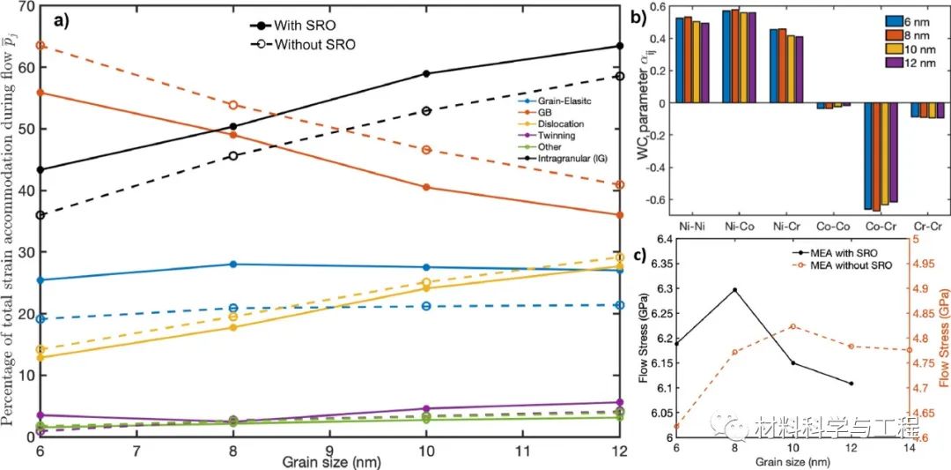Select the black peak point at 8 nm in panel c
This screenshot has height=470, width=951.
tap(735, 289)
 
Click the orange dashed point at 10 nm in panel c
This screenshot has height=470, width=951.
tap(793, 326)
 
